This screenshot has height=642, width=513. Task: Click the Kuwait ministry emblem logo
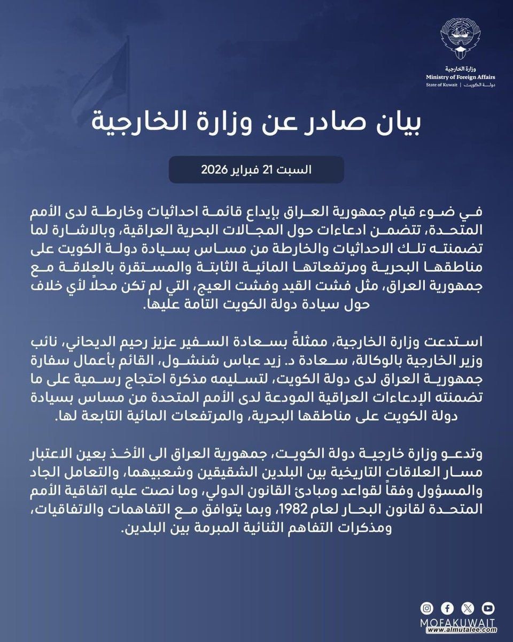[x=461, y=39]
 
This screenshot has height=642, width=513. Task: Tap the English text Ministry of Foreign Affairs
[x=460, y=77]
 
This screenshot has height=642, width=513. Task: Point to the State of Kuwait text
[x=441, y=85]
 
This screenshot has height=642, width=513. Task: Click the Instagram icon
[x=427, y=608]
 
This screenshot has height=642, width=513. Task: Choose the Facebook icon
[x=447, y=608]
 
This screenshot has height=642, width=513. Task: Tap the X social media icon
[x=468, y=608]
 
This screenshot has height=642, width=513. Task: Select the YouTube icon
[x=488, y=608]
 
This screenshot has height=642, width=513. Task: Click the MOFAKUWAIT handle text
[x=457, y=623]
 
